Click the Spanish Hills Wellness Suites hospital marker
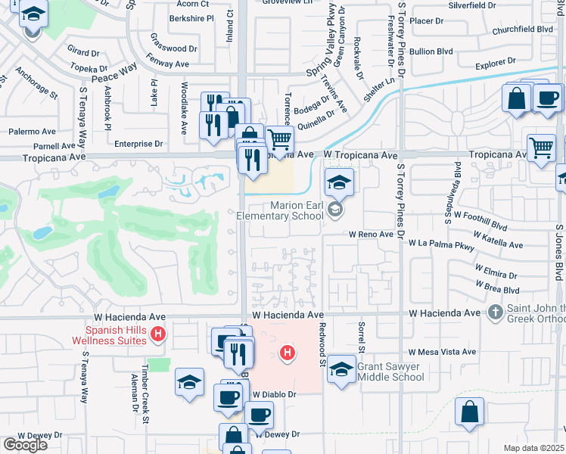(x=157, y=333)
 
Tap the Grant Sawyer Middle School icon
(x=341, y=370)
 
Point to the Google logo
(x=24, y=444)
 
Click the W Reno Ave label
(x=371, y=235)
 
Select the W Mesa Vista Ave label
(x=442, y=352)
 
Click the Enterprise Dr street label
(x=138, y=143)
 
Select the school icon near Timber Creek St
(x=189, y=381)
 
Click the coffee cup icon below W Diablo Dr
(x=259, y=414)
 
